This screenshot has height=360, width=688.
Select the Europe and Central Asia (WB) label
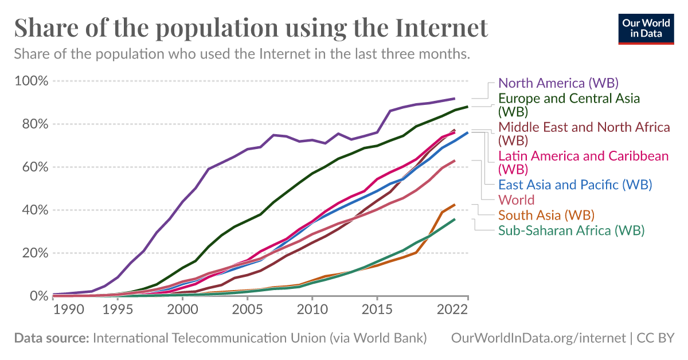point(569,104)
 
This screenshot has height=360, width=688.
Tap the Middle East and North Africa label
point(584,133)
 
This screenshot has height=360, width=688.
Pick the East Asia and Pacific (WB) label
point(575,185)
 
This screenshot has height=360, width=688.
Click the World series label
point(517,200)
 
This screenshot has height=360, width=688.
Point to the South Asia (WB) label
point(546,216)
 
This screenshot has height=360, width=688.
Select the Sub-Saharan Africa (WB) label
point(572,230)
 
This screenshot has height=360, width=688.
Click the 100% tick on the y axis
point(32,81)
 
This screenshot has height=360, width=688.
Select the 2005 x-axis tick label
point(247,309)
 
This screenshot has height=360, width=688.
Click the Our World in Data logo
point(646,28)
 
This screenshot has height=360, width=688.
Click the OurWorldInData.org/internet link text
point(538,338)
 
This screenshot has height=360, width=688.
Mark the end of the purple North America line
point(455,99)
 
